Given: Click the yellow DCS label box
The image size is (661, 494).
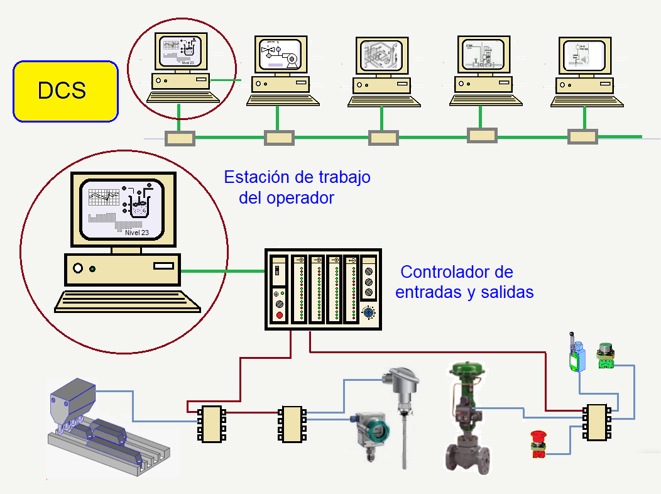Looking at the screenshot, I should pyautogui.click(x=65, y=91).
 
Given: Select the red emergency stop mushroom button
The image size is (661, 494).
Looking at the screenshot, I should pyautogui.click(x=538, y=437).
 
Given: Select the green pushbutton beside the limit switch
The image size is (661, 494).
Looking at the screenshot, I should pyautogui.click(x=606, y=356).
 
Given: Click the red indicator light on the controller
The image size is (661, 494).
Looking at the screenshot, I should pyautogui.click(x=279, y=314).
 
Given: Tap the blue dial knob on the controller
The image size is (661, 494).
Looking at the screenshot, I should pyautogui.click(x=369, y=312).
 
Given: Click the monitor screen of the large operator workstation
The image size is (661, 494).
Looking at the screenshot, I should pyautogui.click(x=122, y=208).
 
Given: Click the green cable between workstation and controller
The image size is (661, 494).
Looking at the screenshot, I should pyautogui.click(x=222, y=272).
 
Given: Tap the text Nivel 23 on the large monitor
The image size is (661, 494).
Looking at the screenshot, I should pyautogui.click(x=136, y=232).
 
